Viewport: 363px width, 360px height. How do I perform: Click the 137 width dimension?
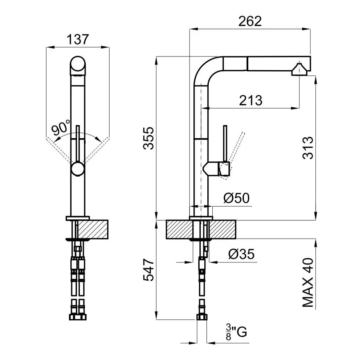(x=78, y=39)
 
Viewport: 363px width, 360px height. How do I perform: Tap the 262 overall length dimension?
(x=250, y=22)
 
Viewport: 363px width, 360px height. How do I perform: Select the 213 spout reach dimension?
(x=250, y=100)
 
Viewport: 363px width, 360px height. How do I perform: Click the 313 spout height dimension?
(x=307, y=148)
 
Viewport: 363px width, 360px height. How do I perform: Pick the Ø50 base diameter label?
(x=236, y=198)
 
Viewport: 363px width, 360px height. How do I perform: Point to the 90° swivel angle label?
(x=61, y=129)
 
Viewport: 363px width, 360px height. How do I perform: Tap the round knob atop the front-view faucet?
(x=78, y=65)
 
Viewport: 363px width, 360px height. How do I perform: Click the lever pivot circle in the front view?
(x=78, y=169)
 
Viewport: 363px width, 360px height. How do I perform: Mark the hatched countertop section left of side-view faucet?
(x=178, y=229)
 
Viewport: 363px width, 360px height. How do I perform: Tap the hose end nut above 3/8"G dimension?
(x=201, y=316)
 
